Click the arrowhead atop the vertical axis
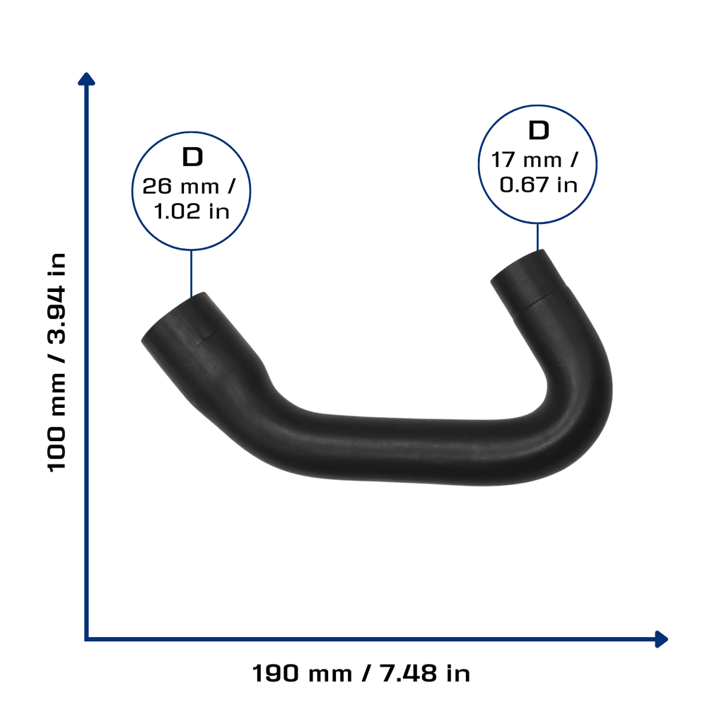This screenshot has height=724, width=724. point(86,79)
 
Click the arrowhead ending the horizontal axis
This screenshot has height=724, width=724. point(661,639)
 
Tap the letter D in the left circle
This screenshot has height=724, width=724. point(192,157)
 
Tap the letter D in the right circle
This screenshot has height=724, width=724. point(538,131)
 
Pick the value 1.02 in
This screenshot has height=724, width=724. point(192,211)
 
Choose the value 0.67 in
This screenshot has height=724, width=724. point(538,185)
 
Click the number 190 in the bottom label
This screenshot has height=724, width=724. point(276,673)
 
